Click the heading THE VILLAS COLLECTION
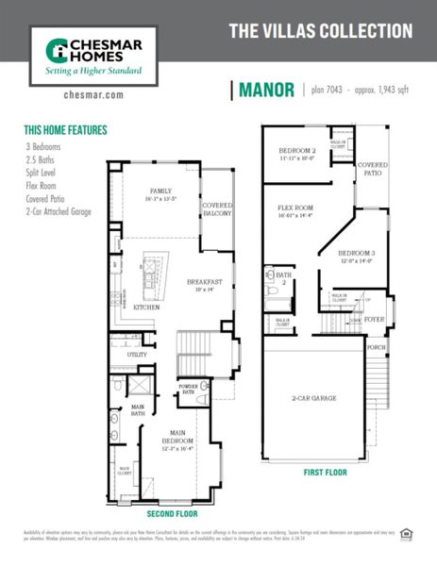point(321,30)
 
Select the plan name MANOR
point(268,91)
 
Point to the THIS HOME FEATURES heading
point(65,130)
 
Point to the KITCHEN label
point(146,308)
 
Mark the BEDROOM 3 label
point(358,254)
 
